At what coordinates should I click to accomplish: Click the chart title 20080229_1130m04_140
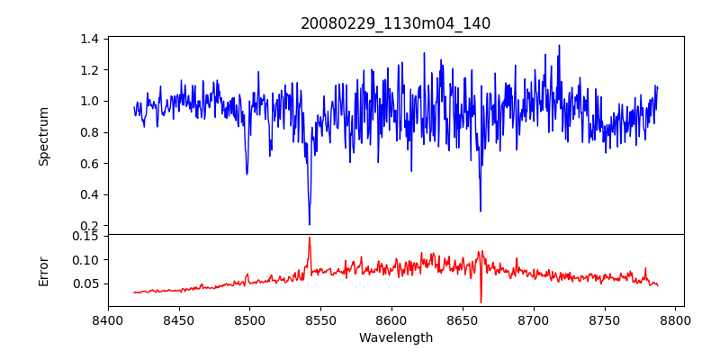pyautogui.click(x=395, y=23)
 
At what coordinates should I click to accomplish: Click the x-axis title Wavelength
pyautogui.click(x=395, y=337)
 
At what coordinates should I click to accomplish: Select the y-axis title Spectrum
pyautogui.click(x=44, y=135)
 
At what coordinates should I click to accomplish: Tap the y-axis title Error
pyautogui.click(x=44, y=270)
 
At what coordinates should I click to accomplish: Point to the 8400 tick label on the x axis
pyautogui.click(x=108, y=319)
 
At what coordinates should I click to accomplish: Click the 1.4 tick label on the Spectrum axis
pyautogui.click(x=88, y=39)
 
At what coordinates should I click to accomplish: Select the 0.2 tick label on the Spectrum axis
pyautogui.click(x=88, y=226)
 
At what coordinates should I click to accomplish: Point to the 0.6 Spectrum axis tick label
pyautogui.click(x=88, y=164)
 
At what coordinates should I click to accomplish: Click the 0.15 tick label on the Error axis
pyautogui.click(x=85, y=236)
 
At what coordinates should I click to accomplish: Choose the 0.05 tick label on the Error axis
pyautogui.click(x=85, y=283)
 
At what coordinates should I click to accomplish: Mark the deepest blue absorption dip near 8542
pyautogui.click(x=310, y=224)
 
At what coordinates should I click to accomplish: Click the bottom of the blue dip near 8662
pyautogui.click(x=481, y=211)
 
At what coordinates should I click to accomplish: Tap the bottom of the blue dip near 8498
pyautogui.click(x=247, y=174)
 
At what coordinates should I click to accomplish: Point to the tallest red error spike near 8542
pyautogui.click(x=310, y=238)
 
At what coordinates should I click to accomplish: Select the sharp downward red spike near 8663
pyautogui.click(x=481, y=301)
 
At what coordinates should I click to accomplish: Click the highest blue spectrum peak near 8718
pyautogui.click(x=559, y=45)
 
